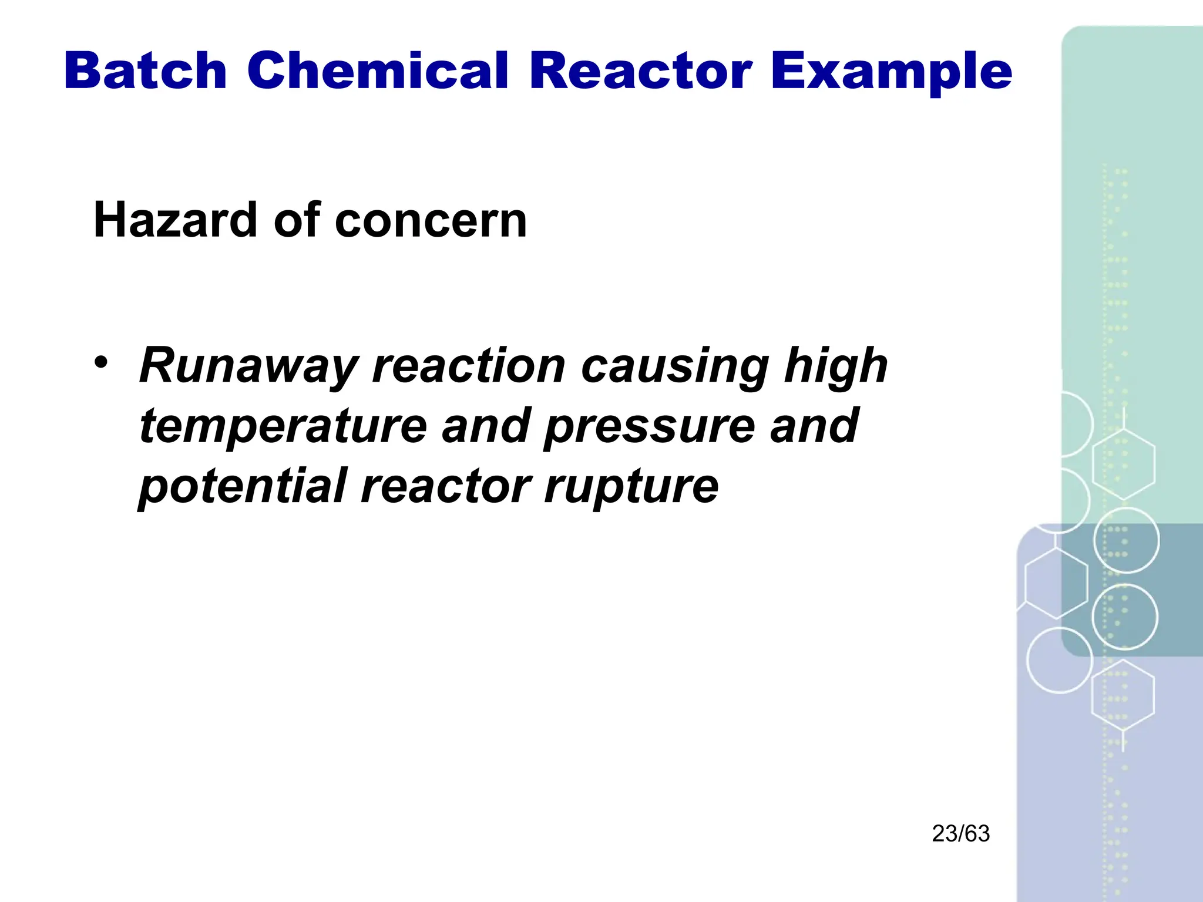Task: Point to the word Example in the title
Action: click(x=891, y=72)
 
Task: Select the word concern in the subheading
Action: click(x=430, y=221)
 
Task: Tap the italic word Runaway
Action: click(x=248, y=366)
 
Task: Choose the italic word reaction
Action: click(x=469, y=366)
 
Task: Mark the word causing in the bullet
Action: click(x=675, y=367)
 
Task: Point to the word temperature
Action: click(x=283, y=427)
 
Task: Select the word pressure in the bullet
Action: click(x=649, y=427)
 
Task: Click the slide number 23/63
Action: click(x=960, y=834)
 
